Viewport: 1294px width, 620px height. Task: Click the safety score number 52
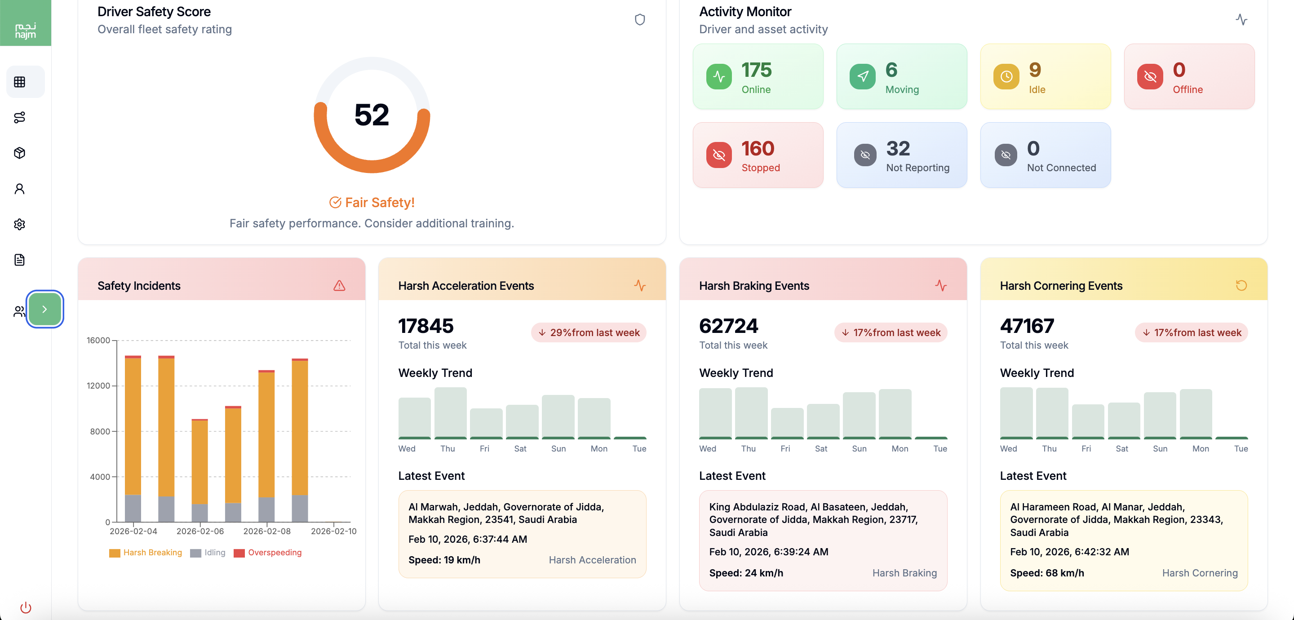(x=371, y=115)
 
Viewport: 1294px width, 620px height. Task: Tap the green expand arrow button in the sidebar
(x=45, y=309)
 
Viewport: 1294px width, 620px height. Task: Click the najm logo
(x=25, y=30)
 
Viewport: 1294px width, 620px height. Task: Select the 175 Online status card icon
(x=719, y=76)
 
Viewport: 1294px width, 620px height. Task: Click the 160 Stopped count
(x=758, y=149)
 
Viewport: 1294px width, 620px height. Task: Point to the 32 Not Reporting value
(x=898, y=149)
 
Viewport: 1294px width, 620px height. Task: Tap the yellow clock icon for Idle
(x=1006, y=76)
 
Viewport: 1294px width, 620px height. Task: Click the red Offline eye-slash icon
(x=1150, y=76)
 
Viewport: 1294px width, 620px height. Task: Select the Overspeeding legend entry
(x=268, y=552)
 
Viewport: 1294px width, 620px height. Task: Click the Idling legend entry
(x=208, y=552)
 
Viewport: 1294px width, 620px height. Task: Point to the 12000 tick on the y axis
(x=98, y=386)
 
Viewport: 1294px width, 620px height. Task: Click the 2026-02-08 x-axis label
(x=267, y=531)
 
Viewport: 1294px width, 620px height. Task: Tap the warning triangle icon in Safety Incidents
(x=340, y=285)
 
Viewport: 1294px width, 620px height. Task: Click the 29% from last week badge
(x=589, y=332)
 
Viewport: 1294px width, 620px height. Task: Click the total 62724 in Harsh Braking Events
(x=728, y=326)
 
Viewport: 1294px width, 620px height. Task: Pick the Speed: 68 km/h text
(x=1047, y=573)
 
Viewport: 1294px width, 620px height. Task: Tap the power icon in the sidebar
(x=26, y=607)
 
